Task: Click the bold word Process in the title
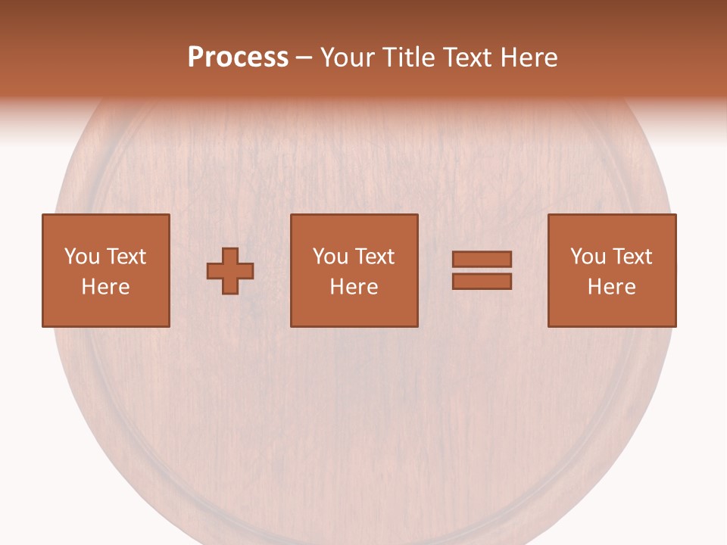[238, 58]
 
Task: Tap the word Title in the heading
[406, 58]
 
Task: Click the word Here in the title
[530, 58]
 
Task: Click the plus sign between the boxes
[230, 271]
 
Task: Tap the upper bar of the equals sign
[482, 259]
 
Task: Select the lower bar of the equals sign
[482, 281]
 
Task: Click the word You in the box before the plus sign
[81, 257]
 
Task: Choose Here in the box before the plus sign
[105, 287]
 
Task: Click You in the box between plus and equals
[329, 257]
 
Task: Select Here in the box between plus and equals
[354, 287]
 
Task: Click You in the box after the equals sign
[587, 257]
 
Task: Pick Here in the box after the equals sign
[611, 287]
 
